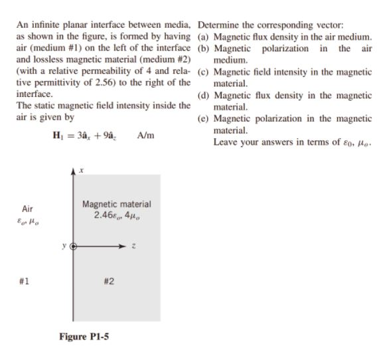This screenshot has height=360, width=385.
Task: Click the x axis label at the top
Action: tap(81, 171)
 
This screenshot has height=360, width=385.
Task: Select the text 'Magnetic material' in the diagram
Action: tap(116, 204)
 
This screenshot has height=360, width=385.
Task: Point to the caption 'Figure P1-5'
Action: tap(84, 337)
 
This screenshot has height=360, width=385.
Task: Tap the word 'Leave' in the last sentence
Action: tap(226, 141)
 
